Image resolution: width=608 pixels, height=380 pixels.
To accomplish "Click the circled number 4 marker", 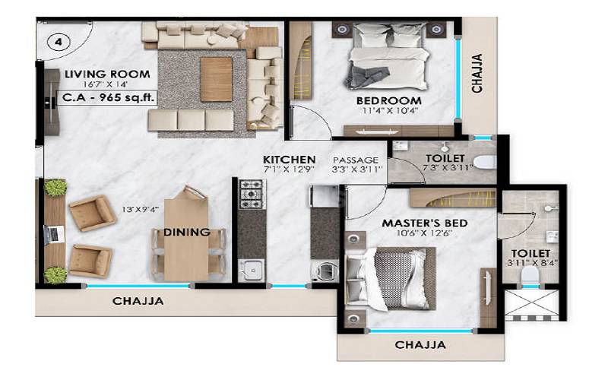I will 58,42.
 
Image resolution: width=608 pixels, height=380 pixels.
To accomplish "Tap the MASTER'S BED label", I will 424,223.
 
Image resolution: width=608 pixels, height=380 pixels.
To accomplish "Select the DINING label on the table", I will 186,233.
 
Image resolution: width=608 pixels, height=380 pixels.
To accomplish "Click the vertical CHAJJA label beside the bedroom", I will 477,73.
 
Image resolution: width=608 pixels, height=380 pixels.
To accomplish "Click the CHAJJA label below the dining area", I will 138,301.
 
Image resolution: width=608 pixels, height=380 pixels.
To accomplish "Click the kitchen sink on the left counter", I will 251,269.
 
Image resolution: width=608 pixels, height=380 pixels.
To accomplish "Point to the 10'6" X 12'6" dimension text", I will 424,235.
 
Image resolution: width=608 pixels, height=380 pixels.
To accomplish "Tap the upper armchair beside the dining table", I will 92,213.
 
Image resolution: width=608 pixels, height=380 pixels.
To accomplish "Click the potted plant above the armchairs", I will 55,188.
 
